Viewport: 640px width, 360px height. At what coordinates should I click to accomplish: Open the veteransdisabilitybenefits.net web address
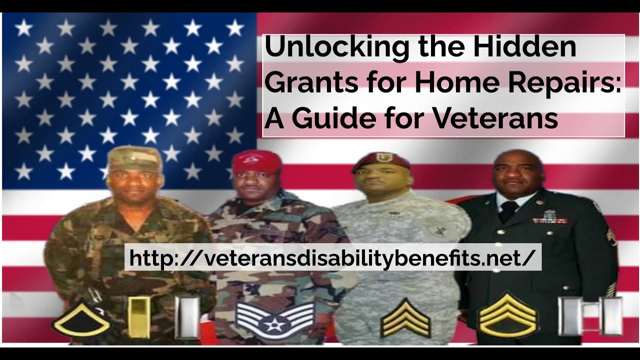[332, 257]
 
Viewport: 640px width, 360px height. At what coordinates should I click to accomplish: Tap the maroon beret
[380, 163]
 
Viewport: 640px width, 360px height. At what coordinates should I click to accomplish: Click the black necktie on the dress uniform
[508, 210]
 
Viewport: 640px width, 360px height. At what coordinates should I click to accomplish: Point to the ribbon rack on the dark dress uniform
[550, 218]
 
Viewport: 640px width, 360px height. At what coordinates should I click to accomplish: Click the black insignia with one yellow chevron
[81, 320]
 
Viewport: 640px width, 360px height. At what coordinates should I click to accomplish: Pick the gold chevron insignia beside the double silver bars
[507, 315]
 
